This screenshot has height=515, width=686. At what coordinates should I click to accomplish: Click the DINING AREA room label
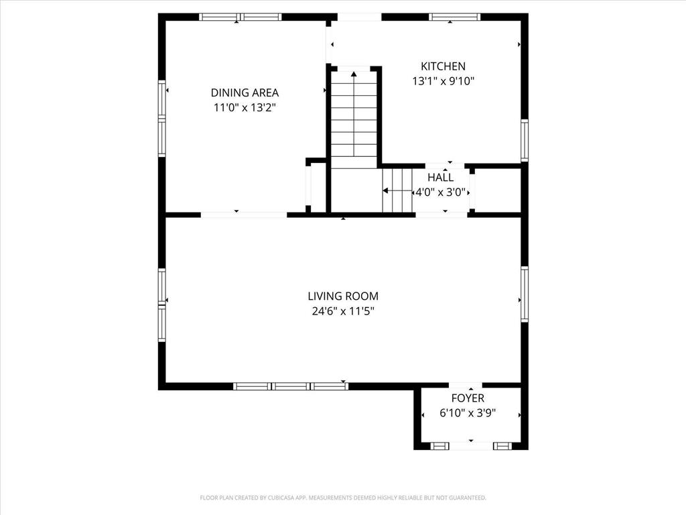(245, 93)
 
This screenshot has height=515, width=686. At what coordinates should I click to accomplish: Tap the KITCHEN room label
(443, 66)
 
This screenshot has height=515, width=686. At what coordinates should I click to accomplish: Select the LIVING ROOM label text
(343, 296)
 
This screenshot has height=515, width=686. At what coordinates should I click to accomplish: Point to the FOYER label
(468, 398)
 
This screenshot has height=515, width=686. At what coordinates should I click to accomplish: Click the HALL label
(440, 178)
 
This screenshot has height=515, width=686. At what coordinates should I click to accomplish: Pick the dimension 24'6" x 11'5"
(343, 311)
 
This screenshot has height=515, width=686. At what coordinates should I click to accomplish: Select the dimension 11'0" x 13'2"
(245, 107)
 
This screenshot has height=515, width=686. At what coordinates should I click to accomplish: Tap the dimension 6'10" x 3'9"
(468, 414)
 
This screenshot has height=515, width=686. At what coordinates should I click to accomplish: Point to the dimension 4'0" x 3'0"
(440, 192)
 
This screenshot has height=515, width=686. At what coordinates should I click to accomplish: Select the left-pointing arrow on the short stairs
(387, 191)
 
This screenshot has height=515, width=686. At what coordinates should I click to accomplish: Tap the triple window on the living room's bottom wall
(291, 386)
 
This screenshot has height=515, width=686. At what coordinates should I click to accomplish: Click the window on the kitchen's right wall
(525, 140)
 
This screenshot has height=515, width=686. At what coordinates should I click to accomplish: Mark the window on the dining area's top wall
(241, 17)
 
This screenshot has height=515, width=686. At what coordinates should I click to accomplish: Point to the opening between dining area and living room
(244, 215)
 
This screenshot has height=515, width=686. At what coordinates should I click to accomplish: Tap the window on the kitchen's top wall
(454, 17)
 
